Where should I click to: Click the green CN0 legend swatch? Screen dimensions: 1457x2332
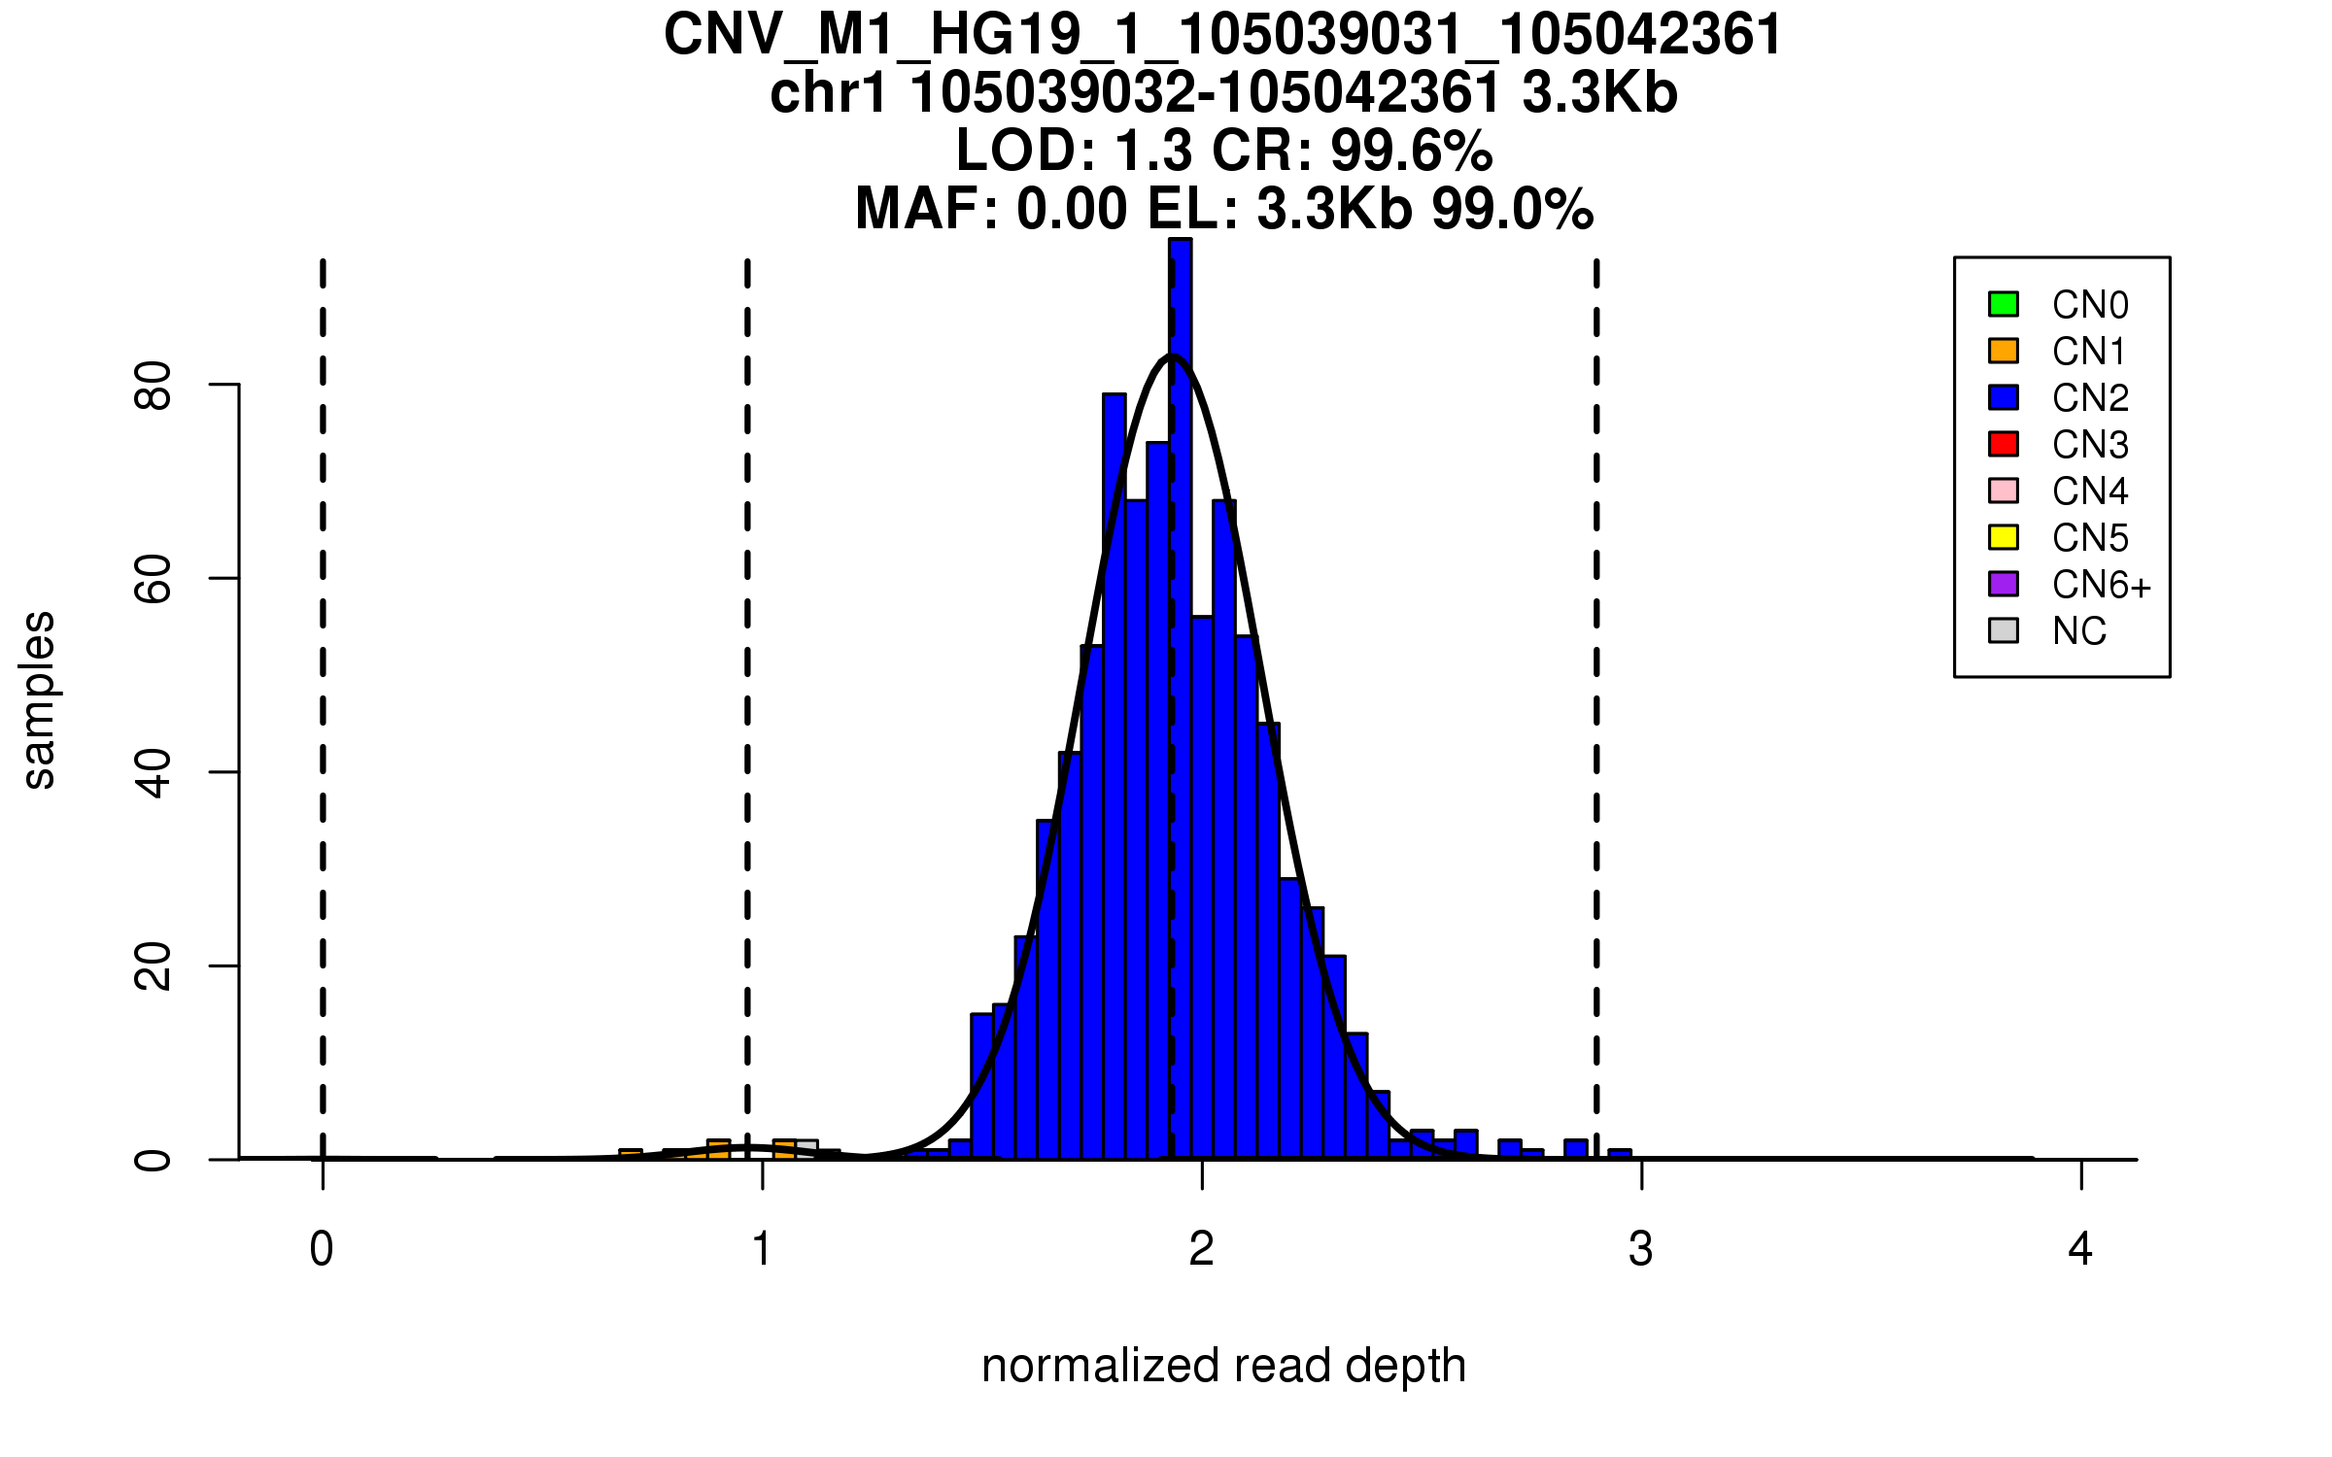(x=2004, y=304)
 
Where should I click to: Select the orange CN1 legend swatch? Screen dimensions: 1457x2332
(x=2004, y=351)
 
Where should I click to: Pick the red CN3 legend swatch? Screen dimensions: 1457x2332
(x=2004, y=444)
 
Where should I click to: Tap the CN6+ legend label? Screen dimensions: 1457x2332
(x=2101, y=585)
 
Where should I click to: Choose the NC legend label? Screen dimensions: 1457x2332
(x=2079, y=631)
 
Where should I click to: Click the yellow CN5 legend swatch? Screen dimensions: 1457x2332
(x=2004, y=537)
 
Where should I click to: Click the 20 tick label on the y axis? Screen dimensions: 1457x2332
(x=154, y=966)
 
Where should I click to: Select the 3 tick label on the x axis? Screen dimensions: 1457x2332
(x=1641, y=1249)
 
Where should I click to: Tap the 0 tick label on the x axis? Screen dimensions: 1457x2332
(x=322, y=1249)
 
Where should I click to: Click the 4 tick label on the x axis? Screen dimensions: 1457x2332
(x=2080, y=1249)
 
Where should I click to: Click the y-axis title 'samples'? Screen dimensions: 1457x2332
(x=39, y=699)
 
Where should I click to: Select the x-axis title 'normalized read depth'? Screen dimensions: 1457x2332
(x=1223, y=1366)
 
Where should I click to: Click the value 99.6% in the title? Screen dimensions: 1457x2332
(x=1411, y=151)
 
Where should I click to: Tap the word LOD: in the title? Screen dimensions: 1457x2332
(x=1026, y=151)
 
